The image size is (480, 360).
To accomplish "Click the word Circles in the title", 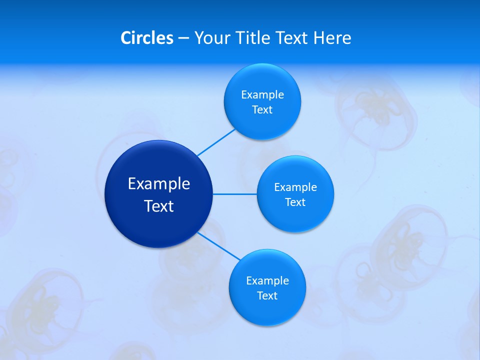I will coord(147,38).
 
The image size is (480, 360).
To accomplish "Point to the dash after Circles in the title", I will coord(183,38).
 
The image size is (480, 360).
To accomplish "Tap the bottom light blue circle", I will coord(267,312).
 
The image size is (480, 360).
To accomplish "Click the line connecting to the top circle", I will coord(216,142).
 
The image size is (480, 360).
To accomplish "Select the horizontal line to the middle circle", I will coord(235,194).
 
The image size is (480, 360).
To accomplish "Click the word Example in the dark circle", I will coord(159,184).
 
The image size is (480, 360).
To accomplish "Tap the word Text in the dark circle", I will coord(159,206).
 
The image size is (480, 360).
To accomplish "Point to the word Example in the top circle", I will coord(262,95).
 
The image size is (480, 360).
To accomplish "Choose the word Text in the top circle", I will coord(262,110).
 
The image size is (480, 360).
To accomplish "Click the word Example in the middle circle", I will coord(295,187).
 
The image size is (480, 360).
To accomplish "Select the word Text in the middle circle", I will coord(295,202).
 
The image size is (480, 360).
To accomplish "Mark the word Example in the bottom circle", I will coord(267,281).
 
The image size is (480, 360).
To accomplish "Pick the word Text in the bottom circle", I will coord(267,296).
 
